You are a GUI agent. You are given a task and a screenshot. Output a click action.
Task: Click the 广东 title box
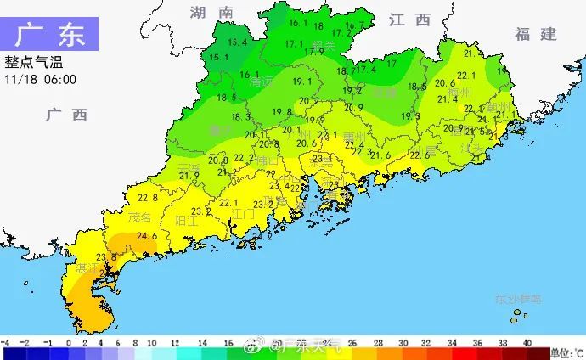pyautogui.click(x=50, y=36)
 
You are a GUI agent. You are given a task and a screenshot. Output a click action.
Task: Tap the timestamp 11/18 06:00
pyautogui.click(x=40, y=79)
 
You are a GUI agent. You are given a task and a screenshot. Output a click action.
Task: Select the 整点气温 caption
pyautogui.click(x=34, y=63)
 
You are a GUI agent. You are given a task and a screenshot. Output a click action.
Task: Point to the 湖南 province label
pyautogui.click(x=211, y=13)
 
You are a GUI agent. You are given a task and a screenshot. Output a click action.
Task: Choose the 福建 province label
pyautogui.click(x=535, y=34)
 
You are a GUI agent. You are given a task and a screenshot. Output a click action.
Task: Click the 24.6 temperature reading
pyautogui.click(x=147, y=236)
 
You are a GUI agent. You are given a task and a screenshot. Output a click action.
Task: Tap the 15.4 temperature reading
pyautogui.click(x=237, y=42)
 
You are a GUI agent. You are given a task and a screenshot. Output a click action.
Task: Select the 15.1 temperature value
pyautogui.click(x=218, y=58)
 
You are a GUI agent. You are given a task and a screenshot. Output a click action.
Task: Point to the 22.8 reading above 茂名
pyautogui.click(x=147, y=197)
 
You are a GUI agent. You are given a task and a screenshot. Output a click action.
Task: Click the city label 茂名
pyautogui.click(x=139, y=217)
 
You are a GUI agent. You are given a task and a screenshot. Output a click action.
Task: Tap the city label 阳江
pyautogui.click(x=185, y=219)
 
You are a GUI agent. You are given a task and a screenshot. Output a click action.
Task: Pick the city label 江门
pyautogui.click(x=244, y=213)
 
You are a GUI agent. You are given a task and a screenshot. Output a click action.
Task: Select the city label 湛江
pyautogui.click(x=87, y=267)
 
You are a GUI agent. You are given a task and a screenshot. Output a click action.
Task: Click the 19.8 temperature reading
pyautogui.click(x=282, y=112)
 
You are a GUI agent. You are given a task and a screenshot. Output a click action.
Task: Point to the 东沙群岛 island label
pyautogui.click(x=518, y=300)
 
